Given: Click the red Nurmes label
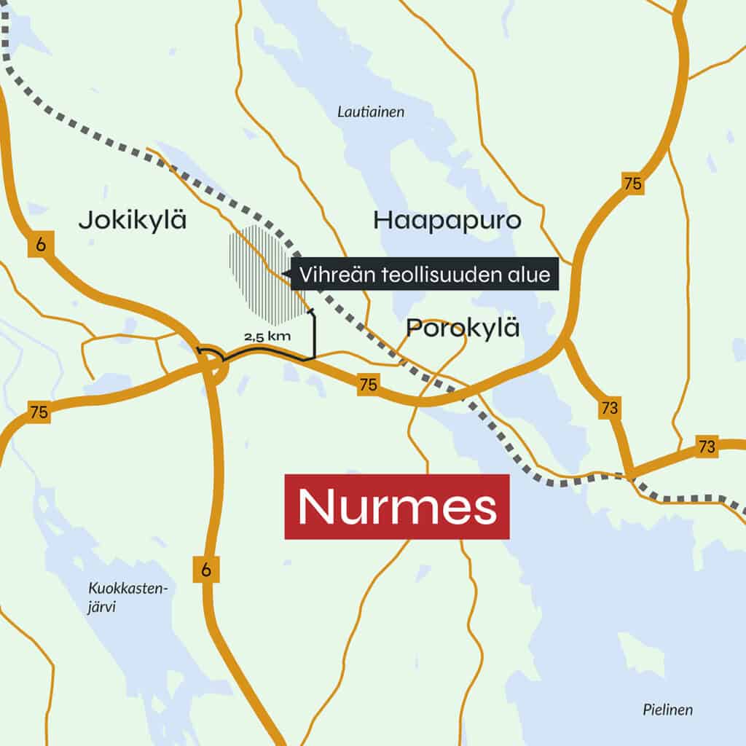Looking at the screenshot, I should [x=396, y=507].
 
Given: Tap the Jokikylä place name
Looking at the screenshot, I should [x=132, y=219].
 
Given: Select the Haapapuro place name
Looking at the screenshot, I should [x=447, y=219].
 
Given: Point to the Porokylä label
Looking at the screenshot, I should [x=463, y=328].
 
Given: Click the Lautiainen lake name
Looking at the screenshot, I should [x=371, y=112].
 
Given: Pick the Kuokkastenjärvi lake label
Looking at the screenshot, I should [x=128, y=597].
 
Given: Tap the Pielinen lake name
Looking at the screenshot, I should [x=667, y=710].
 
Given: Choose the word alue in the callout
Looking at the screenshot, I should [x=530, y=275].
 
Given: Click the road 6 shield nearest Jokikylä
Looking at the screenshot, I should [x=39, y=246].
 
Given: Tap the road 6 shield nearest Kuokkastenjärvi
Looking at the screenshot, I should [x=205, y=570].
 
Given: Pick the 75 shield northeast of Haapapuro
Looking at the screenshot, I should [x=633, y=183].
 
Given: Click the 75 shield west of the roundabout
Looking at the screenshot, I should [x=39, y=412].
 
